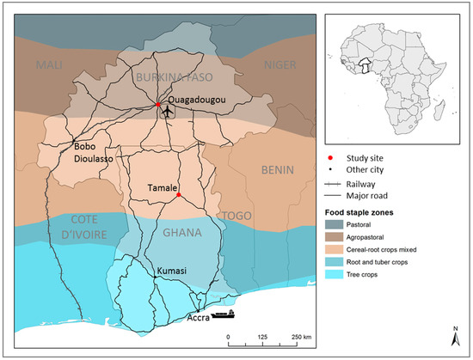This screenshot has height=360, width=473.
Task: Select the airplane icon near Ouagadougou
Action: [166, 112]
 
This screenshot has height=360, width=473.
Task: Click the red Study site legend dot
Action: [330, 158]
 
